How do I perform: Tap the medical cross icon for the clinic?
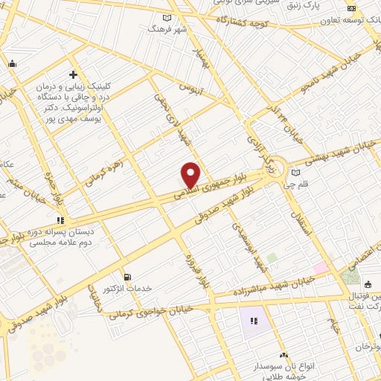[x=73, y=74]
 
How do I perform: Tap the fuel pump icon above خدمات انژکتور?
[x=127, y=276]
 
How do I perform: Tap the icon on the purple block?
[x=254, y=321]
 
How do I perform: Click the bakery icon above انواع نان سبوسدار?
[x=284, y=356]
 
